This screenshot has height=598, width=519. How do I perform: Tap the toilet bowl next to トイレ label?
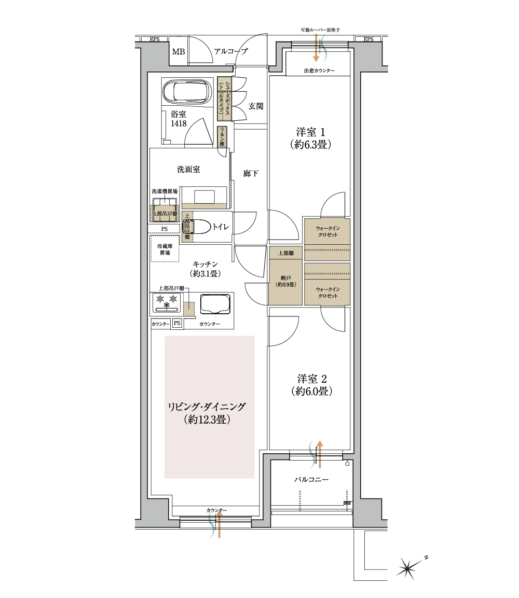201,226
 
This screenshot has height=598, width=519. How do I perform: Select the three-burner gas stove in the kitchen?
166,302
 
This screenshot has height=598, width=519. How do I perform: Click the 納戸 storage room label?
285,281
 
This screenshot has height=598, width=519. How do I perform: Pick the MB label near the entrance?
179,52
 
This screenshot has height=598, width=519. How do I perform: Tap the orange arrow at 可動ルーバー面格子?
316,49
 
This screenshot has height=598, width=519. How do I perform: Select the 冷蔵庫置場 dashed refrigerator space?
165,249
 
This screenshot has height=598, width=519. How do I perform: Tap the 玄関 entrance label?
255,106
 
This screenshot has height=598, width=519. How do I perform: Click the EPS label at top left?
154,39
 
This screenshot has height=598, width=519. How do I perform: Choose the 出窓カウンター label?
319,71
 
